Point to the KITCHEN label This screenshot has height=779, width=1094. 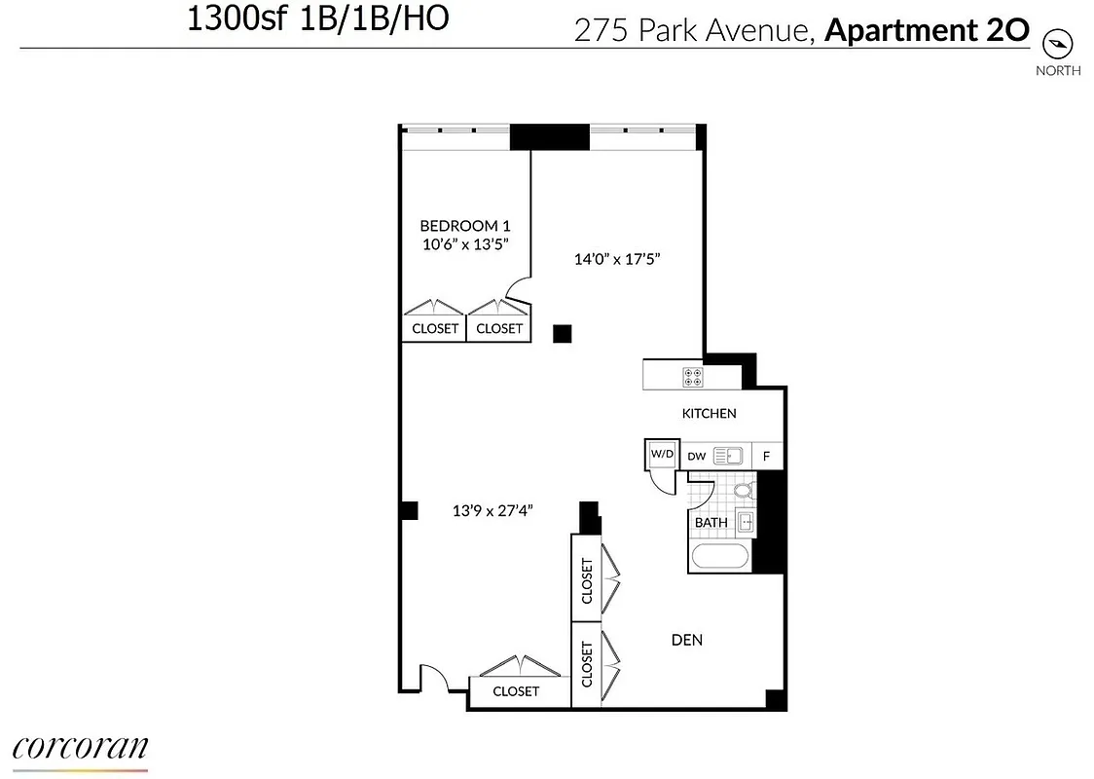(709, 413)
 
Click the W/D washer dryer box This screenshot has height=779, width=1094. (662, 454)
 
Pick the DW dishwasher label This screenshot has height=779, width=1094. (696, 455)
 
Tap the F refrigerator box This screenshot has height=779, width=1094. (767, 455)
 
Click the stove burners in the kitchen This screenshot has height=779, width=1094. (693, 375)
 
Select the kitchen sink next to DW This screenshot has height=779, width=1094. (728, 455)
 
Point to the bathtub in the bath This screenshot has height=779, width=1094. (719, 558)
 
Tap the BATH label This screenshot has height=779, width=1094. (711, 523)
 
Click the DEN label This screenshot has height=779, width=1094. (687, 640)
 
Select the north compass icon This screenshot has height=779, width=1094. (1057, 43)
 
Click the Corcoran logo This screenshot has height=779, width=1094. (80, 748)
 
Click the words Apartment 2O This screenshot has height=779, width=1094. (927, 31)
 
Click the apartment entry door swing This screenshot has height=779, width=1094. (433, 677)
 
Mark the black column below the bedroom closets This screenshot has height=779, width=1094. (562, 334)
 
